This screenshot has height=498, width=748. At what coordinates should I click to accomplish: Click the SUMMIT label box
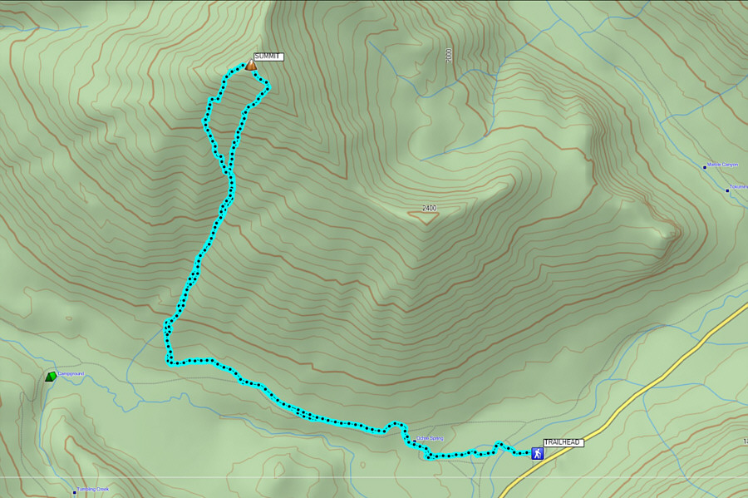[268, 57]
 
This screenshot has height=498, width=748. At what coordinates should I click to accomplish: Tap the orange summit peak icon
[250, 65]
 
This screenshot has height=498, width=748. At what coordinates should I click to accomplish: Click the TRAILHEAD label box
[563, 442]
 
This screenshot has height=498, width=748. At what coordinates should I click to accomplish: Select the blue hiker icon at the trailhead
[537, 453]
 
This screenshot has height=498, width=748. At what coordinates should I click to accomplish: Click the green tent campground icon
[52, 377]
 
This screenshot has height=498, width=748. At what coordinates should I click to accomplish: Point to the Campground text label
[71, 374]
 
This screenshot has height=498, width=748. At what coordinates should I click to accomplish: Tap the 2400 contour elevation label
[429, 208]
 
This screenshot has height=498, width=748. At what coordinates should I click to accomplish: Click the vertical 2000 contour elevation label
[449, 56]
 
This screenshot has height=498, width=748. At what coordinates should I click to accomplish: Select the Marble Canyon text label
[722, 165]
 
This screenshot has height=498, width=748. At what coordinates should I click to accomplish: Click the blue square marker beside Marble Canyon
[705, 167]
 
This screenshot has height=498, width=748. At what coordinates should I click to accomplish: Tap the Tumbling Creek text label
[93, 489]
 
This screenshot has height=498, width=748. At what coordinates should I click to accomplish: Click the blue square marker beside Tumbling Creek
[75, 492]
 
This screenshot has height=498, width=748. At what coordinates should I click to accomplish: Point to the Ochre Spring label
[431, 438]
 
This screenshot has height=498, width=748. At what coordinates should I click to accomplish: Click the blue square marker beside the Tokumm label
[727, 190]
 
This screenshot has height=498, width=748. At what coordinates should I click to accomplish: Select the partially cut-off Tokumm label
[739, 187]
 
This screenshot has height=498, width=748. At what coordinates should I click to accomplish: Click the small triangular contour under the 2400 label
[424, 218]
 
